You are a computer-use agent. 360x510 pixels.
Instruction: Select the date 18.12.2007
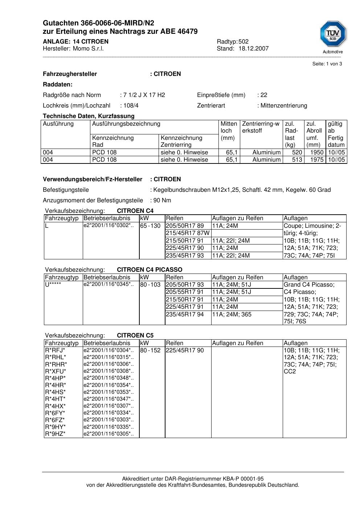(253, 49)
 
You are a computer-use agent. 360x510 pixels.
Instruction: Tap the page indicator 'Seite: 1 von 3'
(327, 64)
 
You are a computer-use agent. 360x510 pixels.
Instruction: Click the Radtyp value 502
(244, 42)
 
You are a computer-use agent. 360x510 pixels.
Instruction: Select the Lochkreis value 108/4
(131, 106)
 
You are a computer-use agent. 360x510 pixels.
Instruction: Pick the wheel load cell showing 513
(297, 160)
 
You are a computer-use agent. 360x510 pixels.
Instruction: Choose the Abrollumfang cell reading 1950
(316, 153)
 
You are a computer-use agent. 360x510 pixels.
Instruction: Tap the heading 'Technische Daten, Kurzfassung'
(89, 116)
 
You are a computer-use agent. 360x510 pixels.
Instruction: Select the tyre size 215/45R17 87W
(188, 233)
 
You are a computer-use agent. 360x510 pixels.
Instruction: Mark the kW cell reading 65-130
(150, 226)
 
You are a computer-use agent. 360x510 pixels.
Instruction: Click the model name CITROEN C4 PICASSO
(150, 270)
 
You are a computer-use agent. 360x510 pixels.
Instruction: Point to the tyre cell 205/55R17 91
(185, 292)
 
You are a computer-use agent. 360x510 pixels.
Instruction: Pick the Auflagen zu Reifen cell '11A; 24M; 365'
(232, 315)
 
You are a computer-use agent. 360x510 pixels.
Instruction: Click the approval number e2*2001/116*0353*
(108, 392)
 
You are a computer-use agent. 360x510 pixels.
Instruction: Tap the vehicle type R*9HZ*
(55, 434)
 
